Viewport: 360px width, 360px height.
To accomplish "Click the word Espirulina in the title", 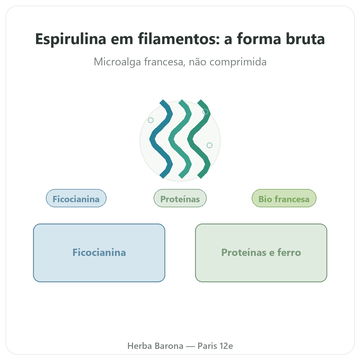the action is [x=70, y=39].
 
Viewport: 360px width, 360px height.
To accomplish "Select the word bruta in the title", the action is [x=305, y=39].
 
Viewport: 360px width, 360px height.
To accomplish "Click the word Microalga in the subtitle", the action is [x=117, y=62].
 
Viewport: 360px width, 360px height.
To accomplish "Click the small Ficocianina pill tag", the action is [x=76, y=198].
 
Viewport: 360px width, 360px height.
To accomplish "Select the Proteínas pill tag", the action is [x=180, y=198].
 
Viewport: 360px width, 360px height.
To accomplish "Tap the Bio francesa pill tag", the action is [x=284, y=198].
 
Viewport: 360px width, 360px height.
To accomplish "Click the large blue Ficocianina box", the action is [x=99, y=253].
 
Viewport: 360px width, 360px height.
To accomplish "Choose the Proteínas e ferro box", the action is [x=261, y=253].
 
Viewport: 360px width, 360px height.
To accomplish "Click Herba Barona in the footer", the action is [x=155, y=346].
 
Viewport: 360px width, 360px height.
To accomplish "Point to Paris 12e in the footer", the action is [x=215, y=346].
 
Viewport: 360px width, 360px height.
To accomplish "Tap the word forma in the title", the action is [x=259, y=39].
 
